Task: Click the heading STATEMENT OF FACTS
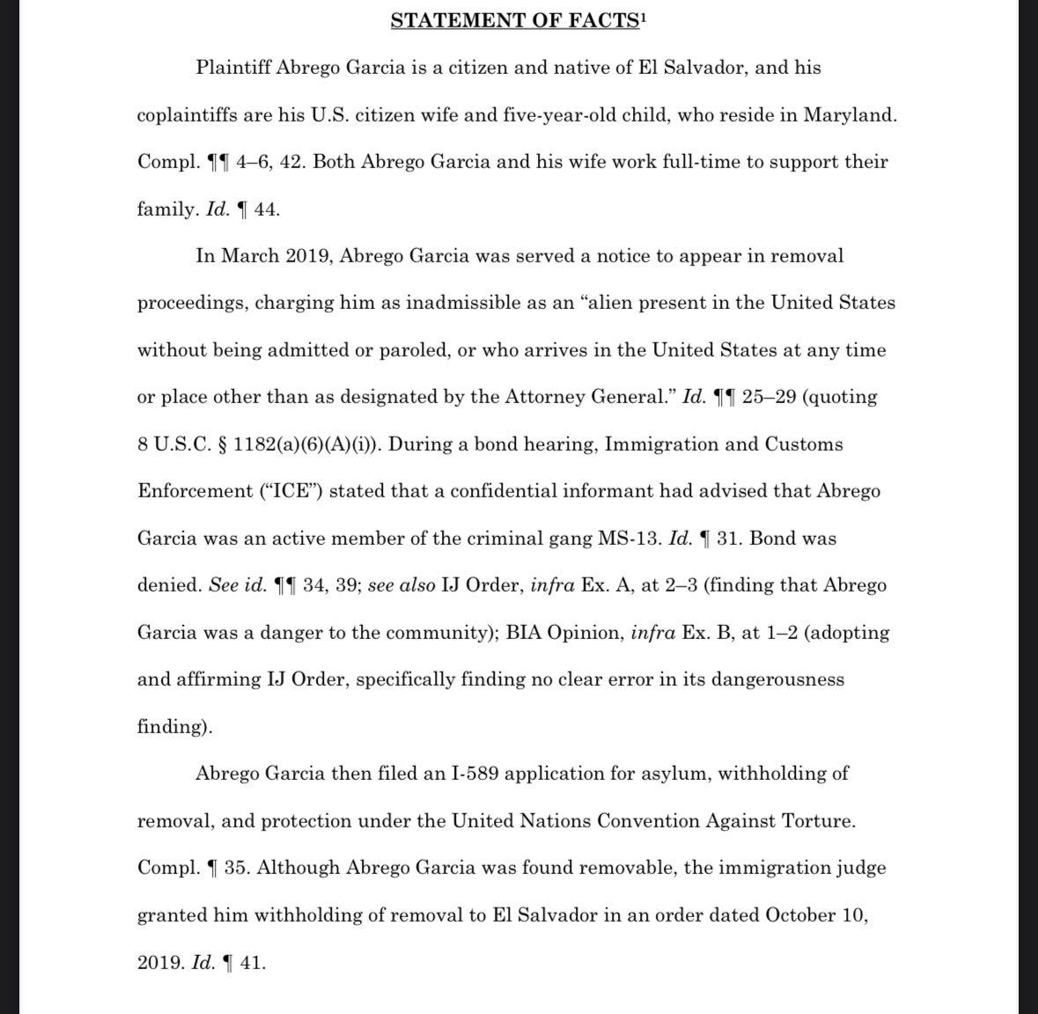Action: click(x=514, y=21)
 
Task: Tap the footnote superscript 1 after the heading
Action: click(x=644, y=17)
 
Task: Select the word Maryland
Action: click(x=853, y=115)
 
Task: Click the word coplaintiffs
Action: click(x=193, y=115)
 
